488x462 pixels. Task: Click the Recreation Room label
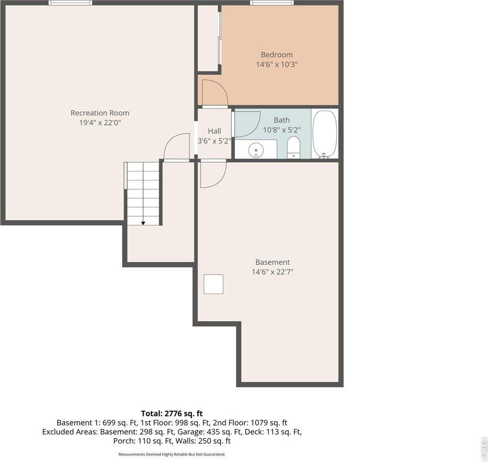tap(100, 113)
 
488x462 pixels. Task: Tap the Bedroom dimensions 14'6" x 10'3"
tap(277, 64)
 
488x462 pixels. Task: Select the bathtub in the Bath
tap(325, 134)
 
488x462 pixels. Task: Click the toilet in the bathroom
tap(294, 147)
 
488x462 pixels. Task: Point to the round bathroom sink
tap(256, 149)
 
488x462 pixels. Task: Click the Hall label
tap(214, 131)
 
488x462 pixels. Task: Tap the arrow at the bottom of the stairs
tap(143, 223)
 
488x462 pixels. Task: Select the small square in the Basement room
tap(213, 285)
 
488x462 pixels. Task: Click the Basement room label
tap(272, 262)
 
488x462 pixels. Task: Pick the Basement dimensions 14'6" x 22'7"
tap(272, 272)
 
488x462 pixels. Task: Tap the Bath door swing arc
tap(248, 124)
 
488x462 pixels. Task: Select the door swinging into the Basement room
tap(213, 174)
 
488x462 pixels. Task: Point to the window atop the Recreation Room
tap(70, 3)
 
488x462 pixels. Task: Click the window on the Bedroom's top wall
tap(272, 3)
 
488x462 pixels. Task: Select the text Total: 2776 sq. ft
tap(172, 414)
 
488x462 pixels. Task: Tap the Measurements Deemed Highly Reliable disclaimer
tap(172, 454)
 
